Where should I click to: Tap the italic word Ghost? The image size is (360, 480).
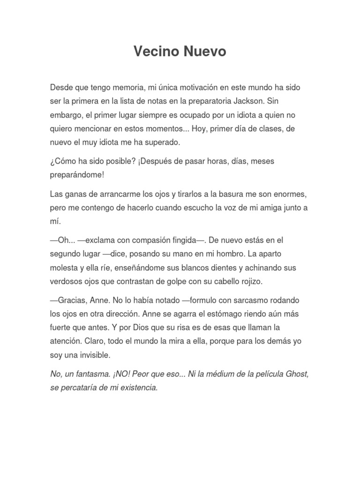(x=296, y=375)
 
